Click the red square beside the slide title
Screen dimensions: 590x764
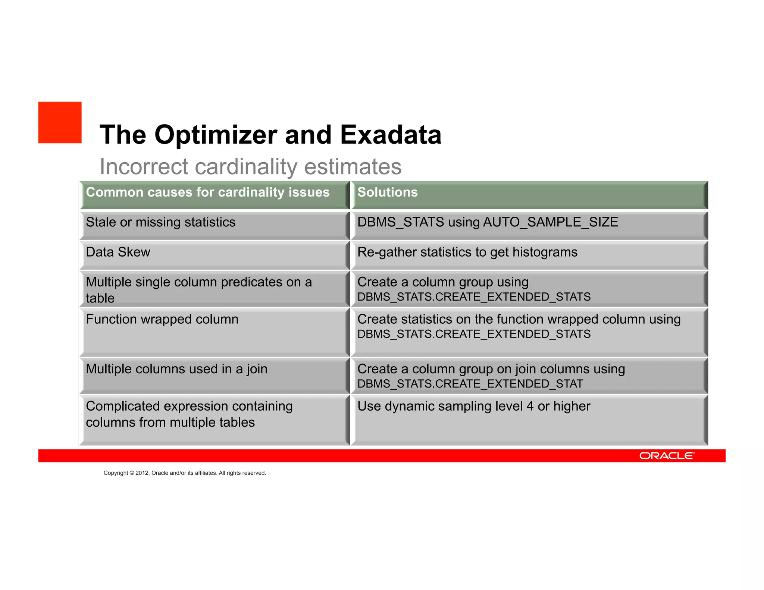tap(60, 122)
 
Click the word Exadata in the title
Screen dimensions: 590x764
tap(391, 135)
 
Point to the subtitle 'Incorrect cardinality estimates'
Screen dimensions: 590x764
tap(250, 166)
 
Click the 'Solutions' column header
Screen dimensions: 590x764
tap(388, 192)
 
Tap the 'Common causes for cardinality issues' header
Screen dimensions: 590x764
tap(208, 192)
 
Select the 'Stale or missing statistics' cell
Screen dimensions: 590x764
tap(161, 222)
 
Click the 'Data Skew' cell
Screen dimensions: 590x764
tap(118, 252)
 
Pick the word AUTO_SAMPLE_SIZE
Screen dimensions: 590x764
tap(551, 222)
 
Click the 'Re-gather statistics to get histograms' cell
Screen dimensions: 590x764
tap(467, 252)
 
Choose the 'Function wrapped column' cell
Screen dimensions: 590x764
tap(162, 319)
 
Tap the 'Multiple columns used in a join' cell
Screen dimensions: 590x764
tap(176, 369)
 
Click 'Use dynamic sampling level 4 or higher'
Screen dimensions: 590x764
tap(474, 406)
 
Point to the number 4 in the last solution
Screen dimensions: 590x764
tap(530, 406)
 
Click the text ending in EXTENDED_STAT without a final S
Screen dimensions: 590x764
tap(470, 384)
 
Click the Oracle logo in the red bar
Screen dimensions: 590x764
tap(667, 456)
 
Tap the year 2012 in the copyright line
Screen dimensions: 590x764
tap(142, 473)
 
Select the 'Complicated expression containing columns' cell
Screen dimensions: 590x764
tap(189, 414)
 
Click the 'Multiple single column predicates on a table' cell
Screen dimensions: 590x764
tap(198, 290)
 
